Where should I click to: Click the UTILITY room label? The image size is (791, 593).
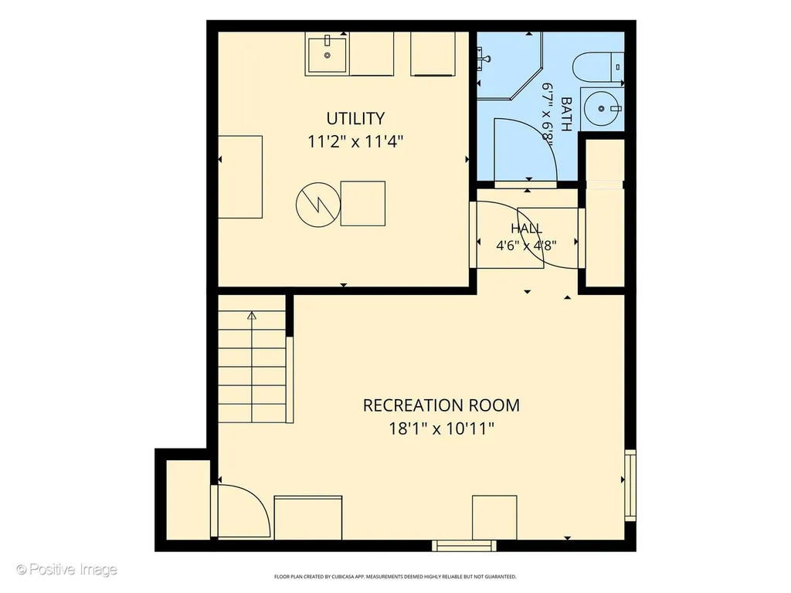tap(355, 118)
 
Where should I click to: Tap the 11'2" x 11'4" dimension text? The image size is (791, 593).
tap(355, 142)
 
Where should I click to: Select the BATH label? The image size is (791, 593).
tap(566, 114)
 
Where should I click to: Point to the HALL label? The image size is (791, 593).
tap(527, 229)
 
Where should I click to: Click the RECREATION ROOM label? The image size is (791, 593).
tap(441, 405)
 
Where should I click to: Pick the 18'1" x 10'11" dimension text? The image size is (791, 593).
tap(441, 429)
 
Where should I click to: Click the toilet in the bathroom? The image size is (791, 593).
tap(599, 67)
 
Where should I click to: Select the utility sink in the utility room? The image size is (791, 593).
tap(327, 54)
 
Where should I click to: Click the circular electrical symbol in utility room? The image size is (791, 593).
tap(317, 204)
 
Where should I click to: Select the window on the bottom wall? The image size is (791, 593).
tap(464, 545)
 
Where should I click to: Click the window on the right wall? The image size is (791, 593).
tap(630, 485)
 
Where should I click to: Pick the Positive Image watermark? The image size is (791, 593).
tap(66, 570)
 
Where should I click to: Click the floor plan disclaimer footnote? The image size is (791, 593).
tap(395, 576)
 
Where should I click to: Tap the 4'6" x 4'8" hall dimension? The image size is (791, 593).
tap(527, 246)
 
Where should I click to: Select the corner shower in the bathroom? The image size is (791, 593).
tap(510, 66)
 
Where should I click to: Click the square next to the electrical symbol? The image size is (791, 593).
tap(363, 204)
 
